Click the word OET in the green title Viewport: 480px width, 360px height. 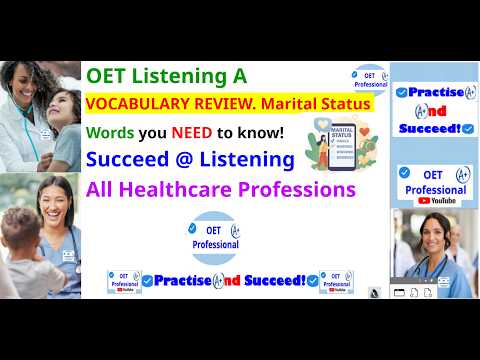point(106,75)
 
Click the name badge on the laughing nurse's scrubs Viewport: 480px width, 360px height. point(69,256)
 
